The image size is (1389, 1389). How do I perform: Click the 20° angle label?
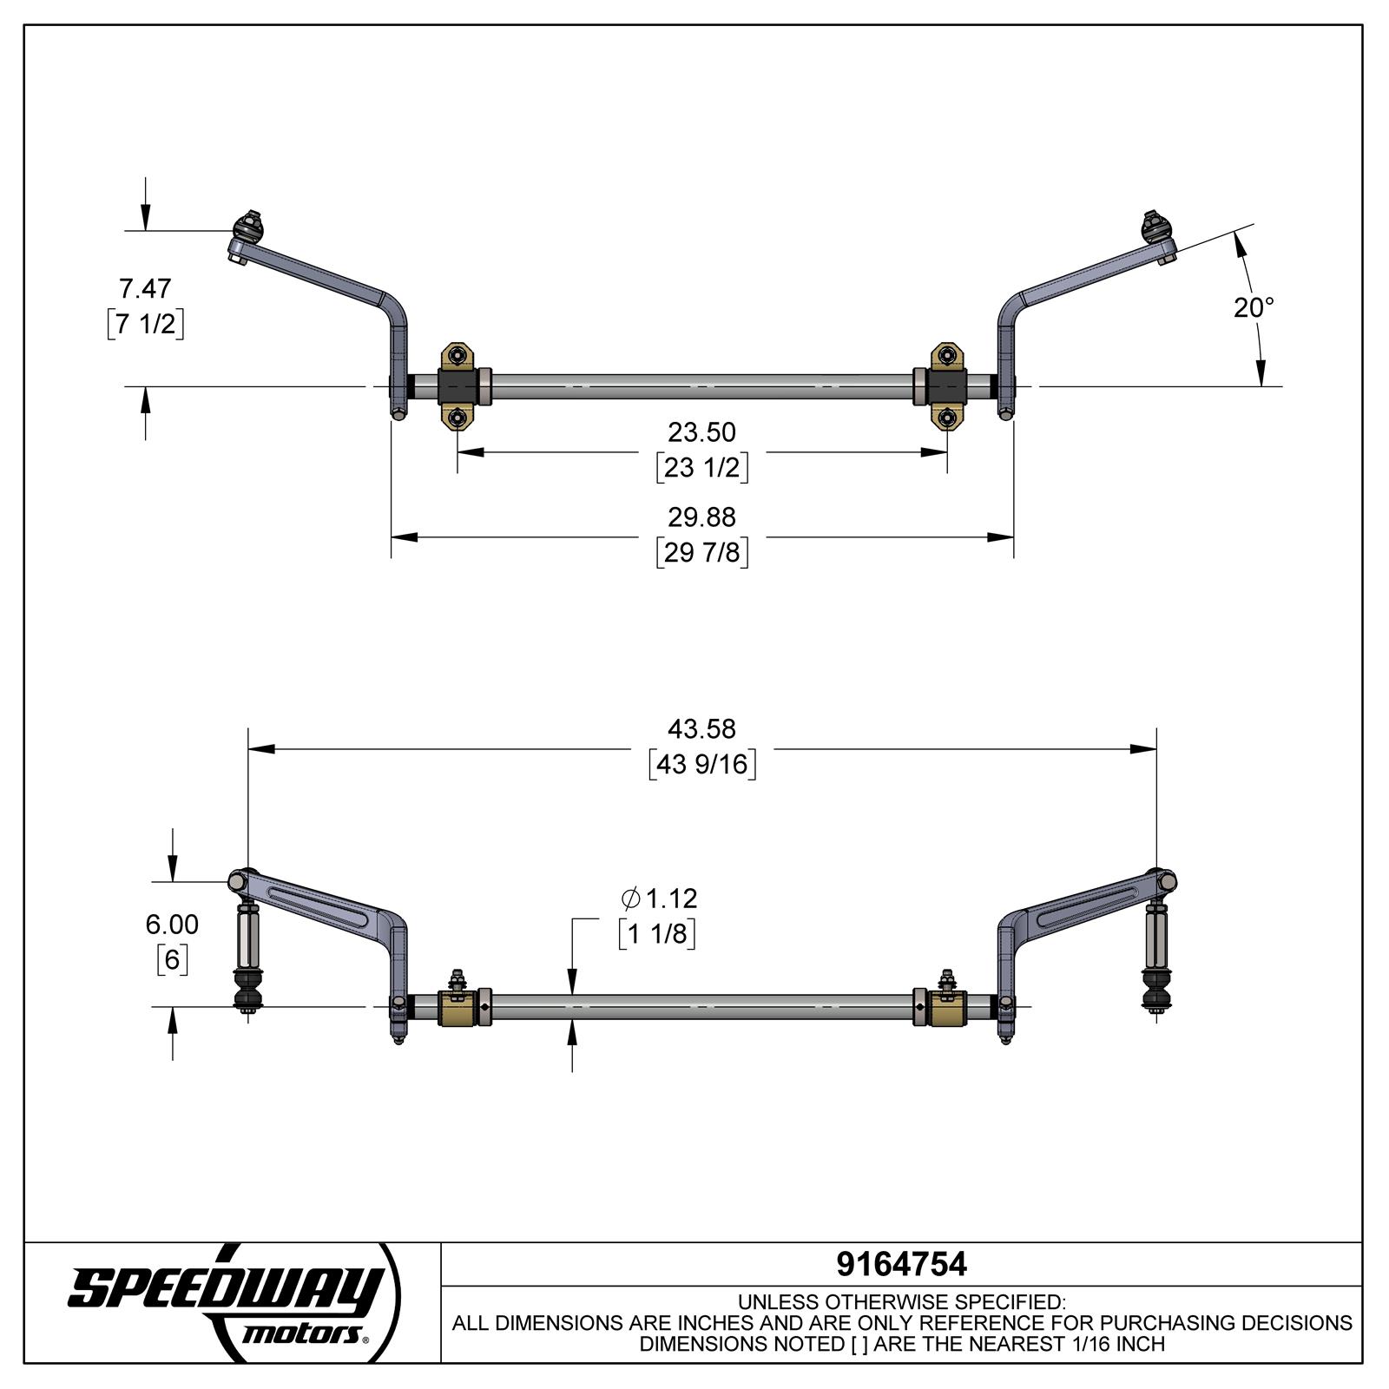pos(1254,307)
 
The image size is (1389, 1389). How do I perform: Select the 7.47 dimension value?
pos(145,287)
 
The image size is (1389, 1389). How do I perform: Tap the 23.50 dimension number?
pos(701,431)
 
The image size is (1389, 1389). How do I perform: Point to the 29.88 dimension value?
pos(701,517)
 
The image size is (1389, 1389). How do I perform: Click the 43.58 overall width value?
pos(701,728)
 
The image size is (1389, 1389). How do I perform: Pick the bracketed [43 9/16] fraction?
pos(701,764)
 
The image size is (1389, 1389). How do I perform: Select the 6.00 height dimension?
pos(172,924)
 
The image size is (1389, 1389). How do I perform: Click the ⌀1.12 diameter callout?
pos(660,898)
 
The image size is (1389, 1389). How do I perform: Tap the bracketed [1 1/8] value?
pos(657,934)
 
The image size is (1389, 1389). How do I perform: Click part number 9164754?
pos(901,1264)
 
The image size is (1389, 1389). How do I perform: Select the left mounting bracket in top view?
pos(458,386)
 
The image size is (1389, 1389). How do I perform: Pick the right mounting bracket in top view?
pos(947,386)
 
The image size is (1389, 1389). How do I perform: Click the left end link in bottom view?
pos(247,955)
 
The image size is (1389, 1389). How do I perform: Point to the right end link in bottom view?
pos(1156,955)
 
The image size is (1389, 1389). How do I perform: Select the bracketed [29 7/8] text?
pos(701,552)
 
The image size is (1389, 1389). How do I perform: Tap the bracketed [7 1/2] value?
pos(145,324)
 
